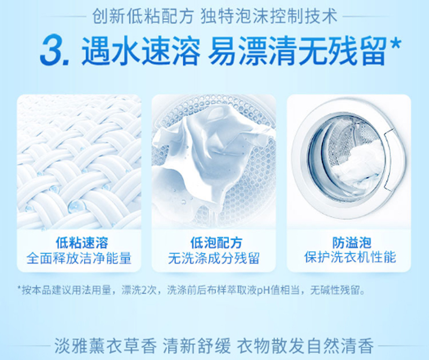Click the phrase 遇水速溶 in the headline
point(141,51)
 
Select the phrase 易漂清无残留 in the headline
point(298,51)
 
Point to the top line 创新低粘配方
point(143,17)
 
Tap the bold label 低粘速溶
point(82,243)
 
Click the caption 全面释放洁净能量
point(79,258)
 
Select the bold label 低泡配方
point(216,243)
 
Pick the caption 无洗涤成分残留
point(213,258)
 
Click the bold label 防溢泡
point(352,243)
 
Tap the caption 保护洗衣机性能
point(350,258)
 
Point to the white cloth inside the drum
point(211,153)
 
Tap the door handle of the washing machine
point(394,161)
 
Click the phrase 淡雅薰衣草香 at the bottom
point(105,346)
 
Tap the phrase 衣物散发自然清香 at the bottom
point(305,346)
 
